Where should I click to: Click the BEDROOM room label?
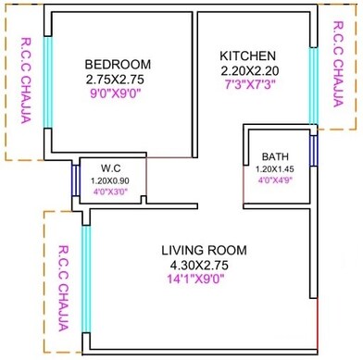118,64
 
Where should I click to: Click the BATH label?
275,156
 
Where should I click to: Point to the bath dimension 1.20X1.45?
275,169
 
